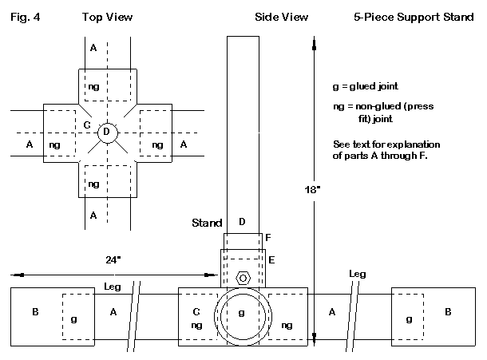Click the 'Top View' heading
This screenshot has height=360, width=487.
(107, 16)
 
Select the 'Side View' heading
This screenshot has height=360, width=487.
(282, 16)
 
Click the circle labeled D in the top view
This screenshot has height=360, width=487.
(107, 132)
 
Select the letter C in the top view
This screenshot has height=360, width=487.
(86, 125)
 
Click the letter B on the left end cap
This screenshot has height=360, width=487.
(35, 311)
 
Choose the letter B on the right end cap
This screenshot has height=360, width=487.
(447, 311)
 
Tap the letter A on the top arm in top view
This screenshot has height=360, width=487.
(93, 48)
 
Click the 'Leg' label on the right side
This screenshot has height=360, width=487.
(358, 274)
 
